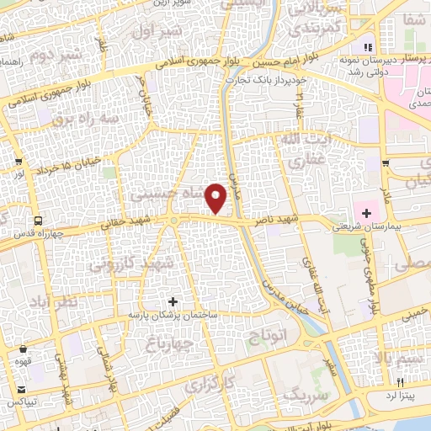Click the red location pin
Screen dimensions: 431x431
[x=216, y=199]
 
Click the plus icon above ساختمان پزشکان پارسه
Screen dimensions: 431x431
[x=173, y=301]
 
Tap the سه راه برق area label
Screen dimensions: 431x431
[x=82, y=118]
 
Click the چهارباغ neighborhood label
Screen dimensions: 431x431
[x=169, y=343]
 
